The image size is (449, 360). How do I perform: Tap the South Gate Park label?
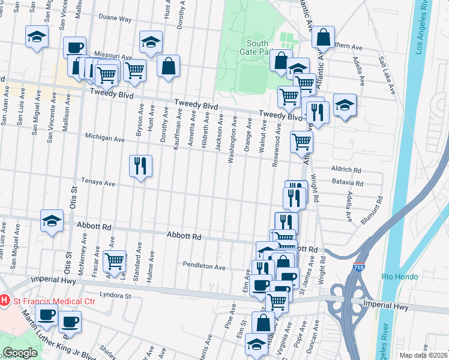point(258,47)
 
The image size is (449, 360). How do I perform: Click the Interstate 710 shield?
point(358,267)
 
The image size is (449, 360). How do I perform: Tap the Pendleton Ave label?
point(204,266)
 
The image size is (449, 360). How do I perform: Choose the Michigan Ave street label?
point(104,139)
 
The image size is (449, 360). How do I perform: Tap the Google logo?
point(20,353)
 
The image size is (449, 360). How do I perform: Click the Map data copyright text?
point(423,355)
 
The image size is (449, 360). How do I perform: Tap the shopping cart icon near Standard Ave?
point(114,260)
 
